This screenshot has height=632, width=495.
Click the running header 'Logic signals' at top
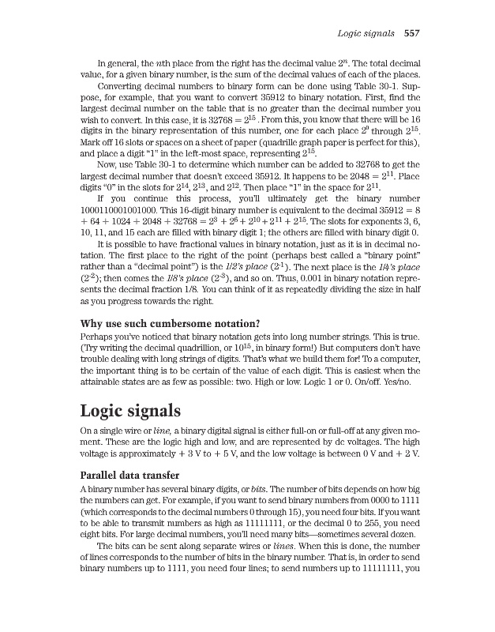368,33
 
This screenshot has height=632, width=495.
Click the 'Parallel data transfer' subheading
129,476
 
